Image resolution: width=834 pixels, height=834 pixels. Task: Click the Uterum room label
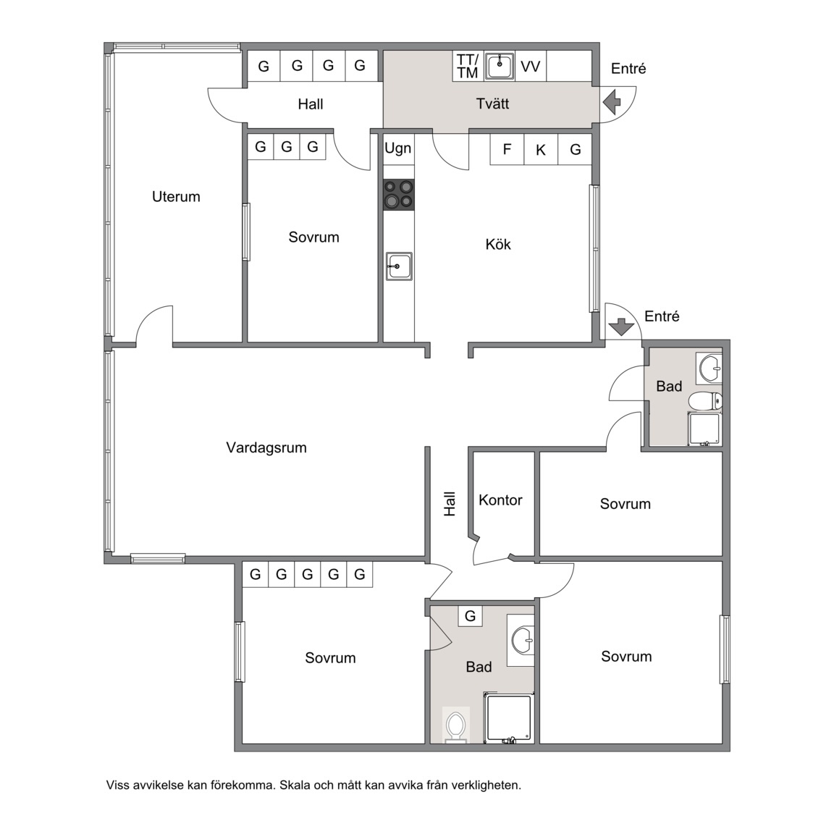pyautogui.click(x=176, y=197)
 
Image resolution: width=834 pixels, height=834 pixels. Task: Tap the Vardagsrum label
pyautogui.click(x=266, y=448)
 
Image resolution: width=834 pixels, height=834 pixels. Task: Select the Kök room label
pyautogui.click(x=498, y=244)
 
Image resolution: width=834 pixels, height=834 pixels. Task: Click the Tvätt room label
pyautogui.click(x=492, y=104)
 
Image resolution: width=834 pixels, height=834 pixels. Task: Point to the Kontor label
pyautogui.click(x=500, y=500)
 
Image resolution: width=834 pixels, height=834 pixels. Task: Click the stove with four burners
pyautogui.click(x=399, y=195)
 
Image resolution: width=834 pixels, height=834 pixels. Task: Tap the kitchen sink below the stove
pyautogui.click(x=399, y=266)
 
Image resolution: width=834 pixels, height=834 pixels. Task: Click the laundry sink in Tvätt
pyautogui.click(x=500, y=66)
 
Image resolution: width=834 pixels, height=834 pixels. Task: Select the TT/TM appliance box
pyautogui.click(x=468, y=66)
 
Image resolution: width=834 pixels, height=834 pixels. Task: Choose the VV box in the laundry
pyautogui.click(x=530, y=66)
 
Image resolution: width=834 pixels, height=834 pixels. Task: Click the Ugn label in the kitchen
pyautogui.click(x=398, y=148)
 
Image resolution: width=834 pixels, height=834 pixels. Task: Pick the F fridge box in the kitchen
pyautogui.click(x=507, y=149)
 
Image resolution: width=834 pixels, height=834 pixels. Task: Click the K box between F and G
pyautogui.click(x=541, y=149)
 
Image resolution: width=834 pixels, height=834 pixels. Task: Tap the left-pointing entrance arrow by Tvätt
pyautogui.click(x=612, y=102)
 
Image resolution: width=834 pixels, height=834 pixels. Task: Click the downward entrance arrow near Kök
pyautogui.click(x=621, y=327)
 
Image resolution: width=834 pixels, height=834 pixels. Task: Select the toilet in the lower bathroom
pyautogui.click(x=456, y=725)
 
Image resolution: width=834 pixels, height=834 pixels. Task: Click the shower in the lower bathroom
pyautogui.click(x=508, y=717)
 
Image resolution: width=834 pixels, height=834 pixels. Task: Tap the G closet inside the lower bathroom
pyautogui.click(x=470, y=616)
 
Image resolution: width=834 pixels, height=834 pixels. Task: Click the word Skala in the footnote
pyautogui.click(x=295, y=785)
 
